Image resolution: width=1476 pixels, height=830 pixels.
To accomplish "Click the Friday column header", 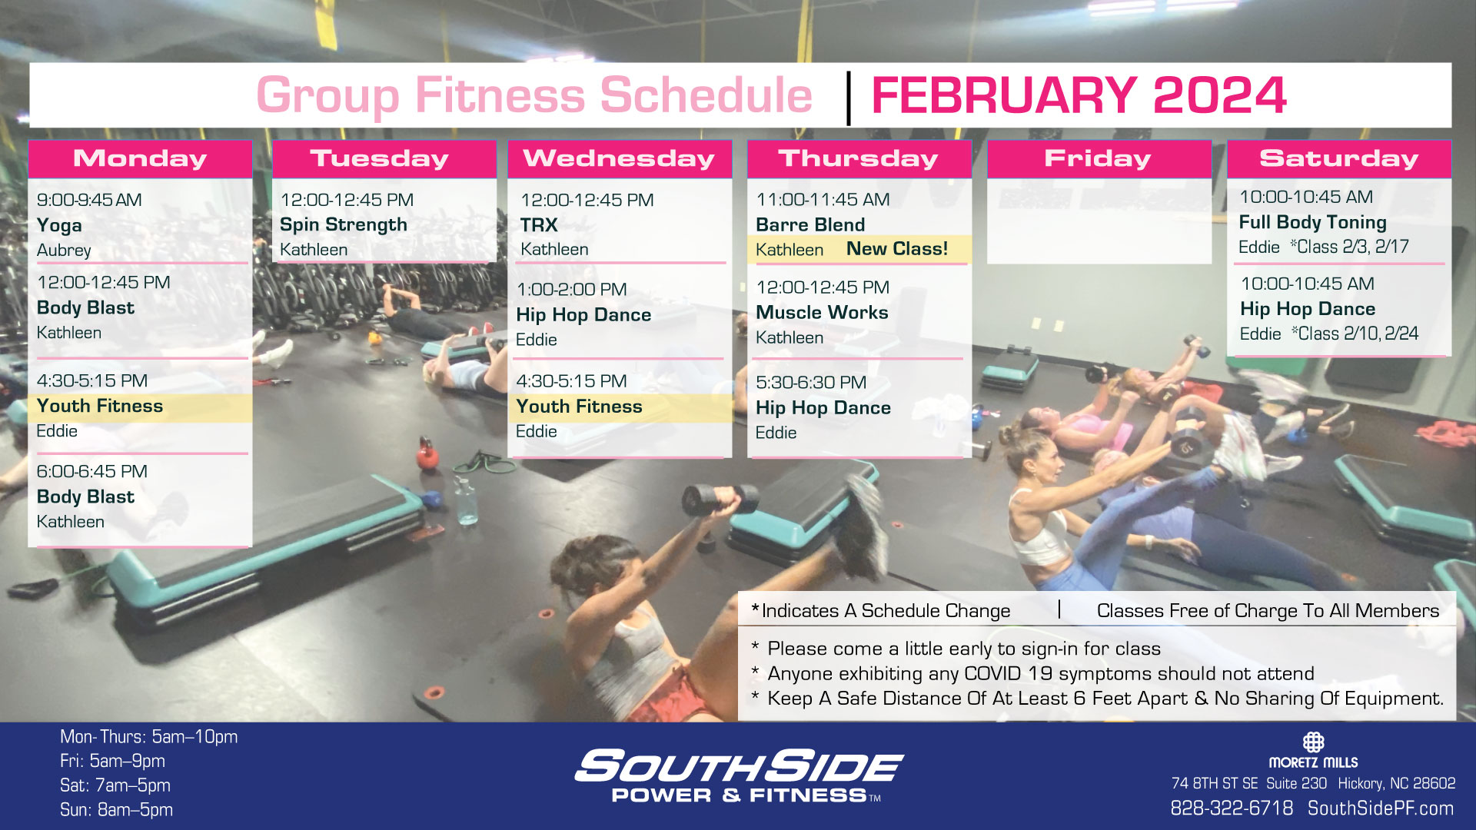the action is [1099, 158].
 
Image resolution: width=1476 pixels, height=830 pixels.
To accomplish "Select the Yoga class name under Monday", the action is [59, 226].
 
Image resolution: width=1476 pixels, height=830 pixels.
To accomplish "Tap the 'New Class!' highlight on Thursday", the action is [897, 249].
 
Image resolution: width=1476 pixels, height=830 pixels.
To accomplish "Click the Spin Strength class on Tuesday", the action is [344, 225].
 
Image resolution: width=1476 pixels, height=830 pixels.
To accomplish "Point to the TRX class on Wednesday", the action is [539, 225].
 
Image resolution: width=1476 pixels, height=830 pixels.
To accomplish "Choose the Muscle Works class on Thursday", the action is [822, 313].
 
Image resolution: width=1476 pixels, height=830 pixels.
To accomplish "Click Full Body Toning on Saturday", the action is [1312, 223].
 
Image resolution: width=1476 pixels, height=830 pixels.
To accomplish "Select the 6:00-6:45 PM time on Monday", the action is [92, 471].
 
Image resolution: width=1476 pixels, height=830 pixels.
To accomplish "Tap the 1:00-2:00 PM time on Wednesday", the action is [571, 290].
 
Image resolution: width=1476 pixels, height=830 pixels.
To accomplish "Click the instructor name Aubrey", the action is [64, 251].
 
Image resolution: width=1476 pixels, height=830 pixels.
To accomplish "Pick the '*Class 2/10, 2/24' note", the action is [1355, 334].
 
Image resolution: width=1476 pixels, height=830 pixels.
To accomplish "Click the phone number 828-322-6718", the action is [1232, 808].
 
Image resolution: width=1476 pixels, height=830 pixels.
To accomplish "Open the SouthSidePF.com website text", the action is [1381, 808].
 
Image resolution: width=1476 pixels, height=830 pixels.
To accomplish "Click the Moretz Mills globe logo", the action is [1313, 742].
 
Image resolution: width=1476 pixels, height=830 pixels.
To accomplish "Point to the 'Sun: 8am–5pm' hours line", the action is [116, 810].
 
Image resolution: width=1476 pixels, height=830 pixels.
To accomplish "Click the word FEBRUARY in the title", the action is [1004, 96].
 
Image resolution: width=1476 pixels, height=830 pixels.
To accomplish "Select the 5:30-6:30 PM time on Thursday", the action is [811, 383].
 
